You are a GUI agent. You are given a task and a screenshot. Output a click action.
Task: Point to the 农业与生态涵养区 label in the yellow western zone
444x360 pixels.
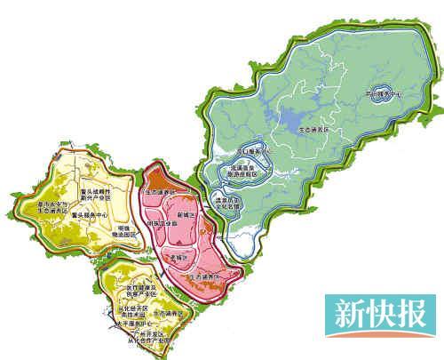click(x=44, y=208)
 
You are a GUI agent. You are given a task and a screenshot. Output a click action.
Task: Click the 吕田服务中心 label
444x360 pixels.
click(x=384, y=92)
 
